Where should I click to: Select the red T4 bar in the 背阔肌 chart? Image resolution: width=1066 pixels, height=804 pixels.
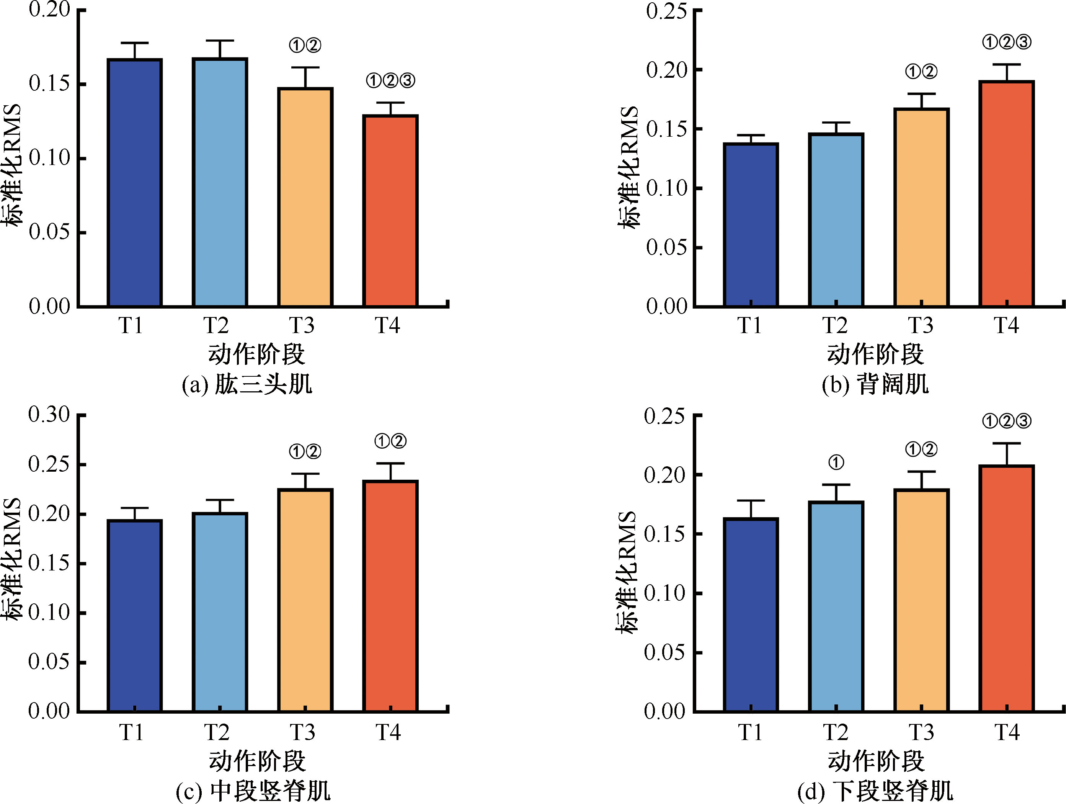1007,193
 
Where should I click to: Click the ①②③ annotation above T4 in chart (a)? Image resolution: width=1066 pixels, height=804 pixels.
390,80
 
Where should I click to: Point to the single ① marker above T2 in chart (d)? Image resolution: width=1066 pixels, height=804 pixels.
836,463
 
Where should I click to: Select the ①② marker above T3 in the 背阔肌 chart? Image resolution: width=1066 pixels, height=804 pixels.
921,72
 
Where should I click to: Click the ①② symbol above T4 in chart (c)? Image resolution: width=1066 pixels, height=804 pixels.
390,441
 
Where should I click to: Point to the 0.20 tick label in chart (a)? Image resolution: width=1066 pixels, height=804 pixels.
49,9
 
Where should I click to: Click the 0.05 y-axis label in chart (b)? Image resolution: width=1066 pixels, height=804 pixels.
666,247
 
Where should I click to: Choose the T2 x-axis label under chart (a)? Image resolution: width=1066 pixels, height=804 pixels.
216,325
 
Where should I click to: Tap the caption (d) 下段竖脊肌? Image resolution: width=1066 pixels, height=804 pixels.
875,791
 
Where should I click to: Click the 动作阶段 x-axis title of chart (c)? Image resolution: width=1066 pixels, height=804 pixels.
257,761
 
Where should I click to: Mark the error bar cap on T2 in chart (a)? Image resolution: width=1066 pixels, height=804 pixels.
220,41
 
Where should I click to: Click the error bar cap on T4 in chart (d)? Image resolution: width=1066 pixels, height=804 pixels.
1007,443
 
